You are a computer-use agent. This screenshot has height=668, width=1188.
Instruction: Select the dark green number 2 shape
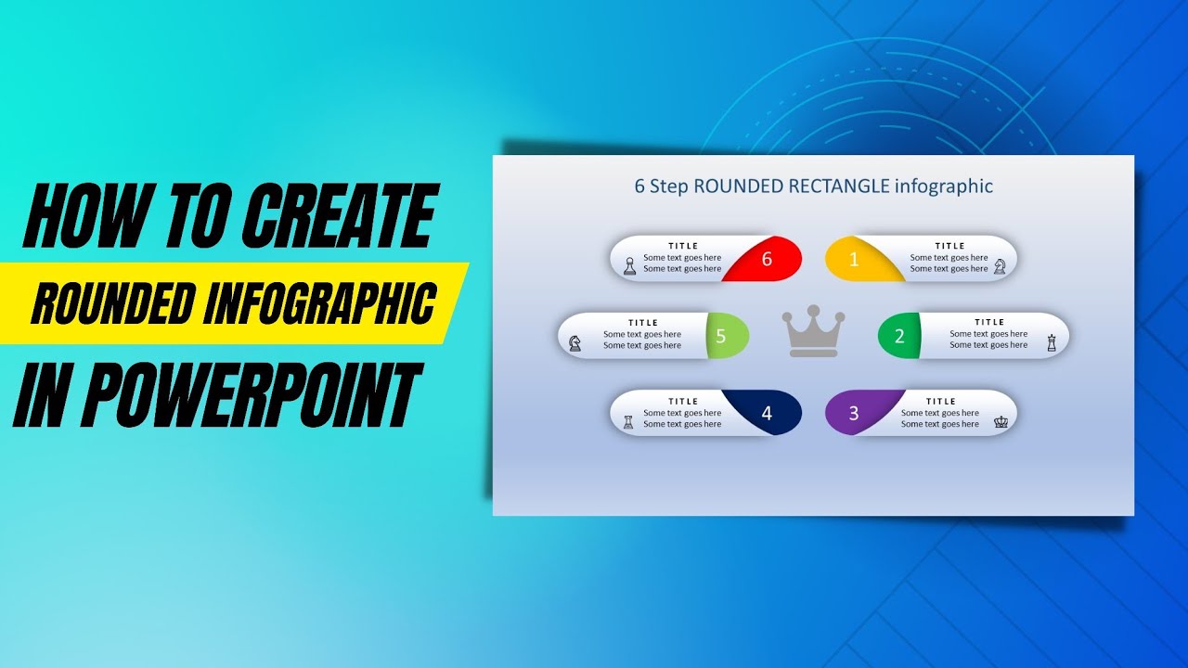[x=899, y=337]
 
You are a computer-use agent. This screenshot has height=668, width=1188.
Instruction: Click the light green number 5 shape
[x=721, y=337]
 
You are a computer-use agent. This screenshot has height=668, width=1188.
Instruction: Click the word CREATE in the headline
[x=339, y=217]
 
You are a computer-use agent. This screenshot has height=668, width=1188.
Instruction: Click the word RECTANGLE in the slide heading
[x=839, y=186]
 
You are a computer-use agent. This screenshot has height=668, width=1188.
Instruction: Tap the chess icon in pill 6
[x=630, y=266]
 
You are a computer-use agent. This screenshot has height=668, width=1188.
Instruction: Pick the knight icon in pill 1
[x=1000, y=266]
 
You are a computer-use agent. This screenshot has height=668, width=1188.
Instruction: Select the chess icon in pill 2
[x=1052, y=342]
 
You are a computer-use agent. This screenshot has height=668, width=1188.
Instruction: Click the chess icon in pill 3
[x=1001, y=421]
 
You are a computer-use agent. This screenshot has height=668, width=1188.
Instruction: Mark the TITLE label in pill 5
[x=642, y=323]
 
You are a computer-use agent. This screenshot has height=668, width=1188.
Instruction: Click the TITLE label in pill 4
[x=682, y=402]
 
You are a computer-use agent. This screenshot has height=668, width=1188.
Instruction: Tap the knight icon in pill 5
[x=575, y=342]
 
